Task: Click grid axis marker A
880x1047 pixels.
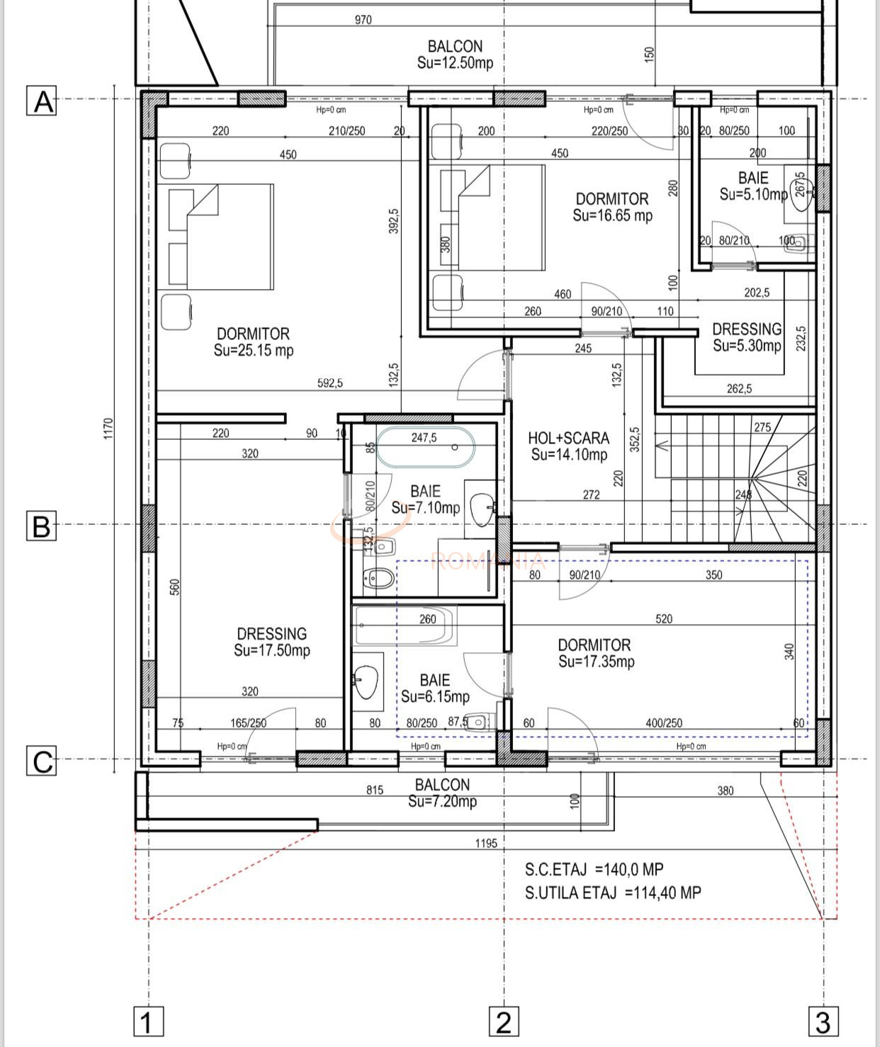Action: pyautogui.click(x=42, y=101)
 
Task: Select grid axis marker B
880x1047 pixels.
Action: pyautogui.click(x=42, y=526)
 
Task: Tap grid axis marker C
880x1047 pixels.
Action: pyautogui.click(x=42, y=762)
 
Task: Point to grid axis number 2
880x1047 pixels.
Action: pyautogui.click(x=503, y=1022)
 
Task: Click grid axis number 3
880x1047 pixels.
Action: pyautogui.click(x=823, y=1022)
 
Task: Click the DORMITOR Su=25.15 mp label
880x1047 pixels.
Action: pyautogui.click(x=253, y=341)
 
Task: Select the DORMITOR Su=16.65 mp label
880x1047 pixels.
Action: pyautogui.click(x=612, y=207)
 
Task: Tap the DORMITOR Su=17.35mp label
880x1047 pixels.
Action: pyautogui.click(x=595, y=653)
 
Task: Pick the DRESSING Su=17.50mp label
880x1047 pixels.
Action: pyautogui.click(x=272, y=642)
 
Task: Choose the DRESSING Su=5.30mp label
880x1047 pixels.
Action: pyautogui.click(x=747, y=337)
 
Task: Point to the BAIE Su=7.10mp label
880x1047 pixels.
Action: pyautogui.click(x=425, y=499)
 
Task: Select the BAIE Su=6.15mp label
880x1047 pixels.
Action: pyautogui.click(x=434, y=689)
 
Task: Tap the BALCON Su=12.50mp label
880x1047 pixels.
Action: pyautogui.click(x=455, y=55)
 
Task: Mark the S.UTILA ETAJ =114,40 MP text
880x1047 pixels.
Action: pyautogui.click(x=613, y=893)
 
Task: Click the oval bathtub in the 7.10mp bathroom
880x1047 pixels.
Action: pyautogui.click(x=424, y=447)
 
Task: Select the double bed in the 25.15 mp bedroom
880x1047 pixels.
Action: pyautogui.click(x=221, y=237)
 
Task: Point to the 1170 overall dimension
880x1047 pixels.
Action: pyautogui.click(x=108, y=429)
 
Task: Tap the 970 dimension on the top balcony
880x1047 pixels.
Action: pyautogui.click(x=363, y=20)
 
